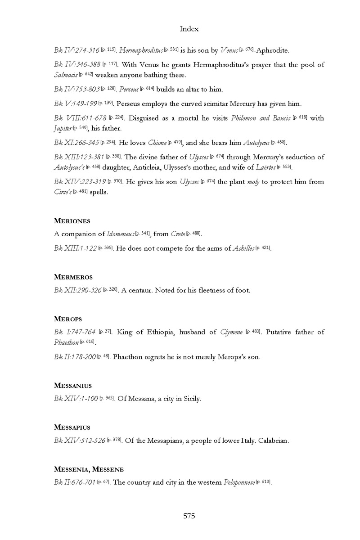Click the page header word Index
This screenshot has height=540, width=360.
(x=189, y=29)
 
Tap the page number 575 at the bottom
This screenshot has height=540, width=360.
(x=189, y=516)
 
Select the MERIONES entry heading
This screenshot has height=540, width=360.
(x=72, y=221)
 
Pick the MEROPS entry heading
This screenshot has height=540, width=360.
(x=68, y=319)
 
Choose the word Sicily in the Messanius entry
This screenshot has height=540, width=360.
(x=190, y=399)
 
